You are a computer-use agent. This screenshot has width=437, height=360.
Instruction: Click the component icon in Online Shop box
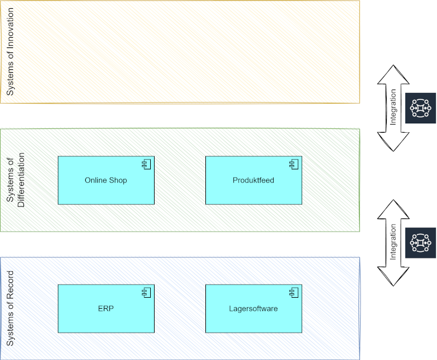pos(146,164)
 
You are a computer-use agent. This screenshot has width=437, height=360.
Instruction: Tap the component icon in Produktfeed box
pos(293,164)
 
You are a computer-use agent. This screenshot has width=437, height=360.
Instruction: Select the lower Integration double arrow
pos(393,243)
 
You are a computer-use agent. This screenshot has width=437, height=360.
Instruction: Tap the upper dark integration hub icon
pos(421,109)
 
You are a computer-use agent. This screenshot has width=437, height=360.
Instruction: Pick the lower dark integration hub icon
pos(421,243)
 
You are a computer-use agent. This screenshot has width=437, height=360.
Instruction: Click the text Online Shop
pos(106,180)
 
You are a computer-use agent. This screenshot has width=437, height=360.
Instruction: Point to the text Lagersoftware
pos(253,309)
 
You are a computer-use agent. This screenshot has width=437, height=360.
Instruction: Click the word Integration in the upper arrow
pos(393,108)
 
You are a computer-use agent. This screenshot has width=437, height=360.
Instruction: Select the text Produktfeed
pos(253,180)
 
